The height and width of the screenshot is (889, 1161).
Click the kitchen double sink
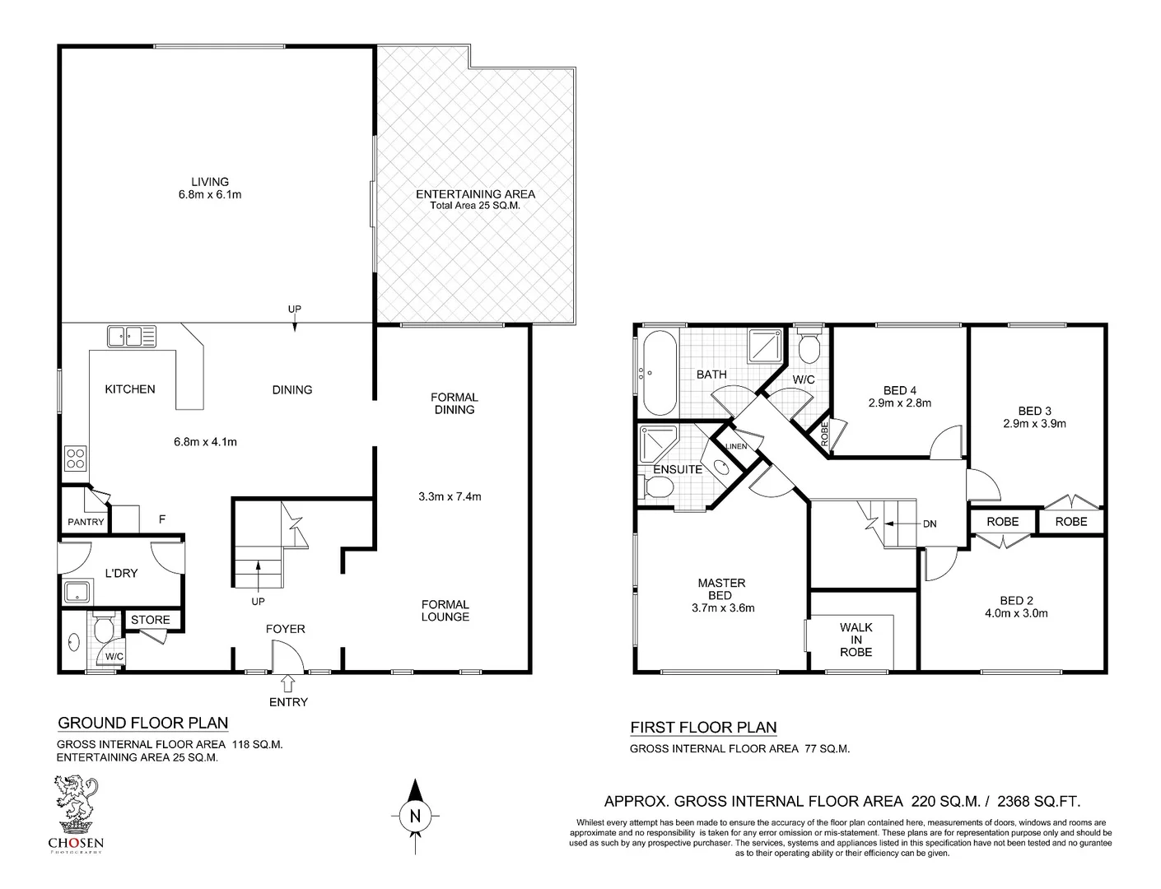(x=131, y=336)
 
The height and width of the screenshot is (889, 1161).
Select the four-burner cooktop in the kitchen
(x=76, y=458)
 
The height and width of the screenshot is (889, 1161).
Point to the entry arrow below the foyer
(x=287, y=683)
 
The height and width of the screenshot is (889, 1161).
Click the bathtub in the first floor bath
(x=659, y=374)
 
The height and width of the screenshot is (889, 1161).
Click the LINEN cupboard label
(x=735, y=446)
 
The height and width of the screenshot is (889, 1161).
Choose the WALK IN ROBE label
(x=856, y=640)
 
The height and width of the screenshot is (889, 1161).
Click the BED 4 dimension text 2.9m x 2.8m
(x=899, y=403)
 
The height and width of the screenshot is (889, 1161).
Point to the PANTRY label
(x=86, y=522)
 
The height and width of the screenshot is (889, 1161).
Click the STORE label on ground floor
(x=151, y=620)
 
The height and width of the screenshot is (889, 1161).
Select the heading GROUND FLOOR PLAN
(x=142, y=724)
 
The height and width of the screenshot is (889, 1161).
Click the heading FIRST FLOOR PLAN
(x=703, y=728)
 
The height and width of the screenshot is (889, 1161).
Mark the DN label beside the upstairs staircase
(x=929, y=524)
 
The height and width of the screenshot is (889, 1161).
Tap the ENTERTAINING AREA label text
(x=475, y=194)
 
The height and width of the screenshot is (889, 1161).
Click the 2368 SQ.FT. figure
(x=1038, y=801)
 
